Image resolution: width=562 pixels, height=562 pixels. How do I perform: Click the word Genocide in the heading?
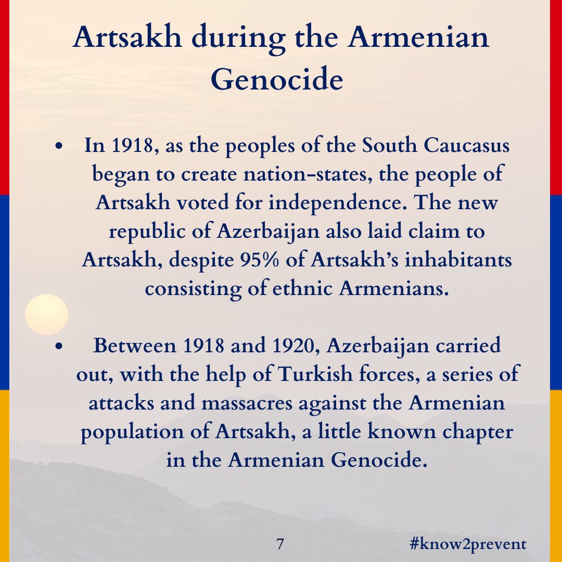[277, 80]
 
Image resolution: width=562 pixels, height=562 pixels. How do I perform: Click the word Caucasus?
[466, 145]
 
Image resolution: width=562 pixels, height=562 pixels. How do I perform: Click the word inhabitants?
[458, 260]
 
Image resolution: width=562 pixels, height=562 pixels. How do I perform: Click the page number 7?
[280, 544]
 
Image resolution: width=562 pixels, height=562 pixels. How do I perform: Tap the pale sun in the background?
[47, 314]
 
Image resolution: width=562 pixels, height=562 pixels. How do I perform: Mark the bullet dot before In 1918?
[59, 146]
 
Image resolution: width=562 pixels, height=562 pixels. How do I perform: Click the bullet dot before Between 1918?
[59, 347]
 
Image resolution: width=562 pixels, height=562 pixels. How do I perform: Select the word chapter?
[478, 432]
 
